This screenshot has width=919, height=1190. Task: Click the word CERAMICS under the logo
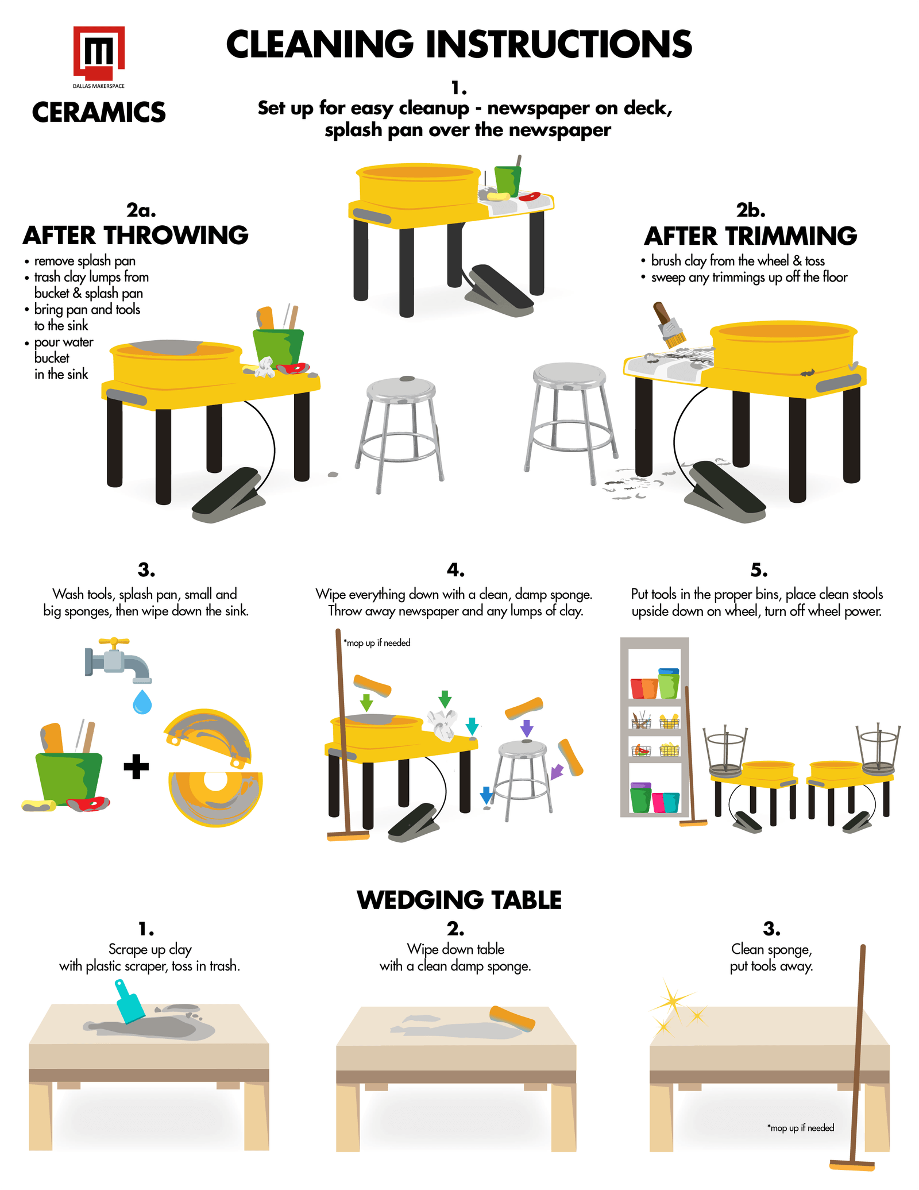coord(99,112)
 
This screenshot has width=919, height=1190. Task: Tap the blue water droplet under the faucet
coord(142,702)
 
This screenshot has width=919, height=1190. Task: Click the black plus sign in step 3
coord(136,767)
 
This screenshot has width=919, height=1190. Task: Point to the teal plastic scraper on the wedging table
coord(129,1002)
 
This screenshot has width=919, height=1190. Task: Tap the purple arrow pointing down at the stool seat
coord(527,728)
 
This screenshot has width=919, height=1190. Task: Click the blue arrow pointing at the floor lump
coord(486,795)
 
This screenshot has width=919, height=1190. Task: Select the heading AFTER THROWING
coord(136,236)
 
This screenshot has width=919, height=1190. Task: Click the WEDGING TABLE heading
coord(459,900)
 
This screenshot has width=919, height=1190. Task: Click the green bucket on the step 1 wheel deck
coord(508,180)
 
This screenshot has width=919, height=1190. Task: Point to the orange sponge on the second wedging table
coord(512,1018)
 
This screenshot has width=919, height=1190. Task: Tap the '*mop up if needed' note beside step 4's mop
coord(377,643)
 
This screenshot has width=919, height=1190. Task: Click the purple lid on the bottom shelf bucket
coord(641,785)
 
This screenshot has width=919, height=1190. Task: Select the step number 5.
coord(759,570)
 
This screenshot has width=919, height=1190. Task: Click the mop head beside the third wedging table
coord(852,1166)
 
